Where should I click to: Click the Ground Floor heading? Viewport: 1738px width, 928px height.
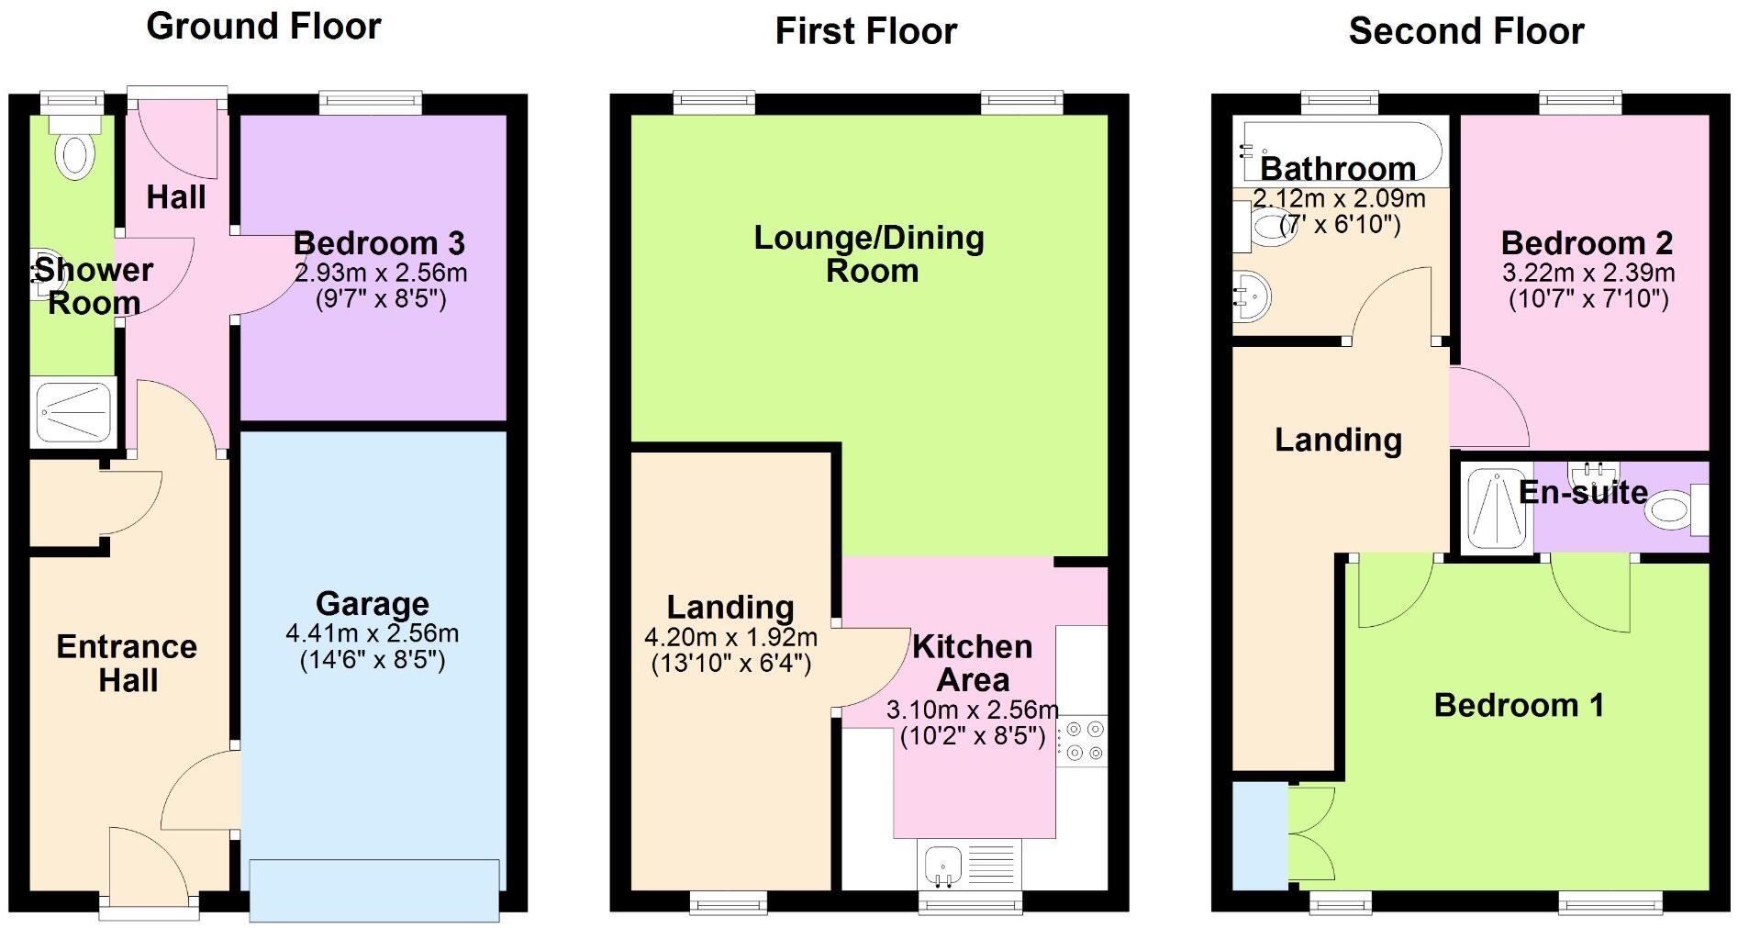click(x=263, y=27)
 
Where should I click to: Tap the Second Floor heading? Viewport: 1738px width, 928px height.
click(x=1465, y=31)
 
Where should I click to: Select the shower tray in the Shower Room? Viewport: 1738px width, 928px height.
click(x=75, y=412)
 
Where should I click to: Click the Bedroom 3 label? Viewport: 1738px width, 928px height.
click(x=379, y=243)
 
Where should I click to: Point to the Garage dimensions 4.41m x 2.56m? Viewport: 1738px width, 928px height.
click(x=372, y=633)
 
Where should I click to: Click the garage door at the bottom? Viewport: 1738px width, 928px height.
click(x=374, y=889)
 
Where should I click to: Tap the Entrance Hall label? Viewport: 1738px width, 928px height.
click(x=127, y=663)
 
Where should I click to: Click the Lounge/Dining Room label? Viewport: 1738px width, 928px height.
click(x=869, y=253)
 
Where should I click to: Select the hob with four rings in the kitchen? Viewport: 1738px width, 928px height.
click(x=1082, y=742)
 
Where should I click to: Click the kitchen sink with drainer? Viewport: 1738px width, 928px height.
click(x=968, y=865)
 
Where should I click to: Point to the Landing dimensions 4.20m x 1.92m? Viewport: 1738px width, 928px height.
click(x=730, y=637)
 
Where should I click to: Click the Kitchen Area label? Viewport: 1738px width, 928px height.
click(x=973, y=663)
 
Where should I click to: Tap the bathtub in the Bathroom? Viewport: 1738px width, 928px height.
click(x=1340, y=151)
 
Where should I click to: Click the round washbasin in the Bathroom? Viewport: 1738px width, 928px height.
click(x=1251, y=296)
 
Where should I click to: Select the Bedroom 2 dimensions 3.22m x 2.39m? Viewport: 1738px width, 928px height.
click(x=1588, y=273)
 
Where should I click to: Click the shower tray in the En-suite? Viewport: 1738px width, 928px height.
click(x=1496, y=508)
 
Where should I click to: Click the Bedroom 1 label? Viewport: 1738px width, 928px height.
click(x=1519, y=705)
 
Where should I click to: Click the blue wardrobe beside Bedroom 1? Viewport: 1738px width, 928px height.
click(x=1259, y=835)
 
